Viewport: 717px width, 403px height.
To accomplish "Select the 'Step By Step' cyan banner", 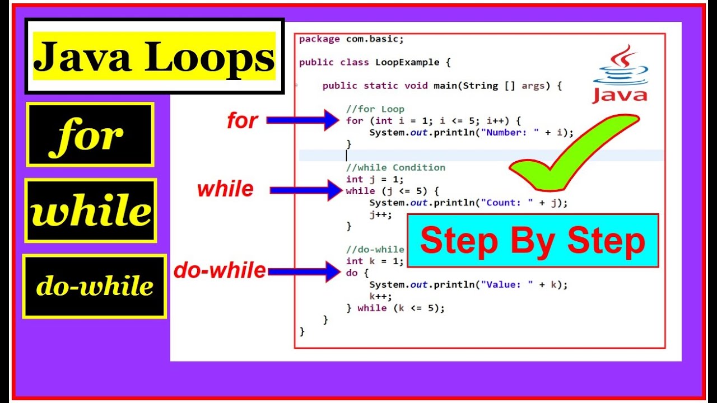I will coord(532,241).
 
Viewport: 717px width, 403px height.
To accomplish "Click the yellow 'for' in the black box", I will coord(90,135).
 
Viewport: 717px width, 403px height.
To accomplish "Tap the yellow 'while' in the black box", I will coord(91,211).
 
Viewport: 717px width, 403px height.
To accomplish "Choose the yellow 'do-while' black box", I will coord(95,287).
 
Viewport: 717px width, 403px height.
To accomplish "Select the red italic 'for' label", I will coord(242,120).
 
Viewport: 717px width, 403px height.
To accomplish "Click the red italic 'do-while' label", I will coord(220,271).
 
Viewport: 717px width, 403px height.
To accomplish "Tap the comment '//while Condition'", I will coord(395,167).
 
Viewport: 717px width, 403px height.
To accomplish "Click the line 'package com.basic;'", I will coord(351,39).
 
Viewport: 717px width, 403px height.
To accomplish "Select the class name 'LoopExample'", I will coord(407,62).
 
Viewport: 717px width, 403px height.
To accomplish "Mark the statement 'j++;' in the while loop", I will coord(380,214).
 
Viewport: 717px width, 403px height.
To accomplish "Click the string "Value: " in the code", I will coord(513,284).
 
